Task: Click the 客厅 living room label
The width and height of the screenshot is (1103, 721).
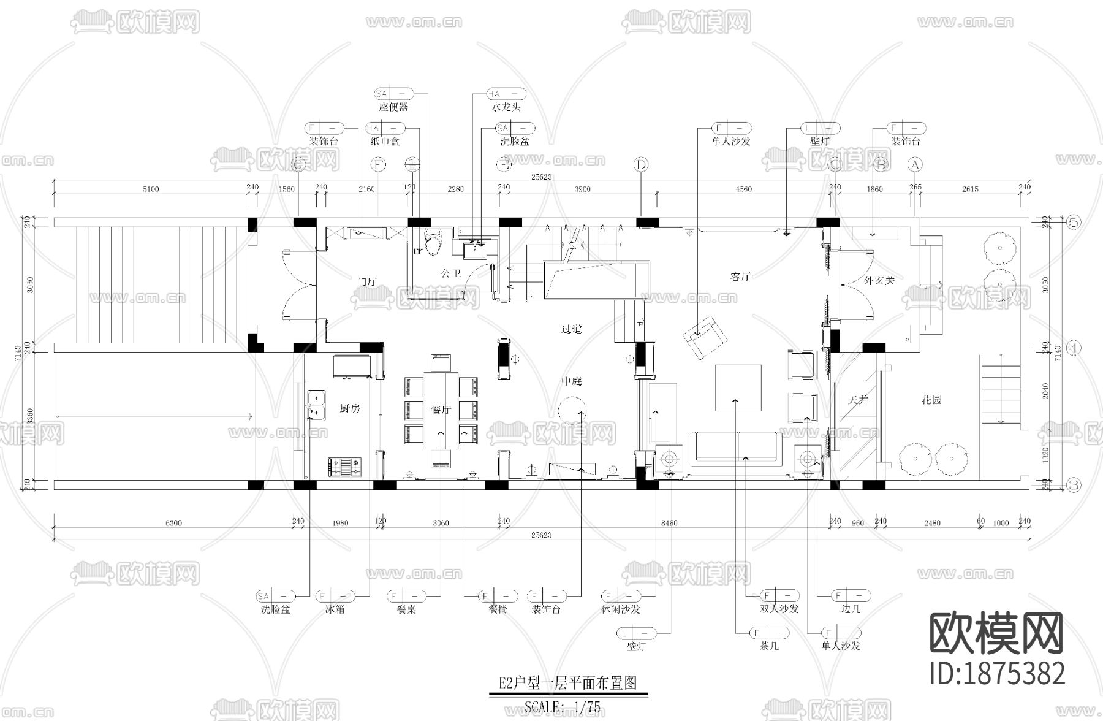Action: click(x=741, y=277)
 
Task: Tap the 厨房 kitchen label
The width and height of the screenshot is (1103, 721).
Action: click(x=350, y=409)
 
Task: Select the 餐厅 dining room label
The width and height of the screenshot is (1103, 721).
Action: click(x=440, y=410)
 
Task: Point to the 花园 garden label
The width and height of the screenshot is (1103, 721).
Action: click(x=931, y=400)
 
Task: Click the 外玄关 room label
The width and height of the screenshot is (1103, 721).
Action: click(x=879, y=281)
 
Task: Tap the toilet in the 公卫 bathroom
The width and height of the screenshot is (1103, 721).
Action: click(x=433, y=241)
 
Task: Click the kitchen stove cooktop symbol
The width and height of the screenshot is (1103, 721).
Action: click(x=346, y=467)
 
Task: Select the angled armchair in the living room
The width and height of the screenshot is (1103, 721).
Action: click(x=704, y=338)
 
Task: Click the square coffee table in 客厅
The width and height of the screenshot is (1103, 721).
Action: click(x=738, y=388)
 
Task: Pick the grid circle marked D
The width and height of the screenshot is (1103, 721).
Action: click(x=641, y=164)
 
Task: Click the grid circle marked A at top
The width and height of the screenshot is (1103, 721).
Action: click(x=915, y=164)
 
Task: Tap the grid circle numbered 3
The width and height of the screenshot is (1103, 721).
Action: click(x=1074, y=485)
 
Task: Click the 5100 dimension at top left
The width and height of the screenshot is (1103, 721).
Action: click(x=151, y=189)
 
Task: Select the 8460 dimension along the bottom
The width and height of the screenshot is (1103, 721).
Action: click(x=669, y=523)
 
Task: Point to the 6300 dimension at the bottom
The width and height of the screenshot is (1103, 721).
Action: click(x=173, y=523)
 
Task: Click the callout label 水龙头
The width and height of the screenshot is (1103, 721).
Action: click(x=506, y=107)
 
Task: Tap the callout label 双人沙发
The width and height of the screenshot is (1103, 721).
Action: click(x=779, y=609)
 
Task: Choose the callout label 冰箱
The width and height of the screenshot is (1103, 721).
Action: click(x=335, y=609)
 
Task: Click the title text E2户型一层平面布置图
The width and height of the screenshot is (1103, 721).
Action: click(x=567, y=683)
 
